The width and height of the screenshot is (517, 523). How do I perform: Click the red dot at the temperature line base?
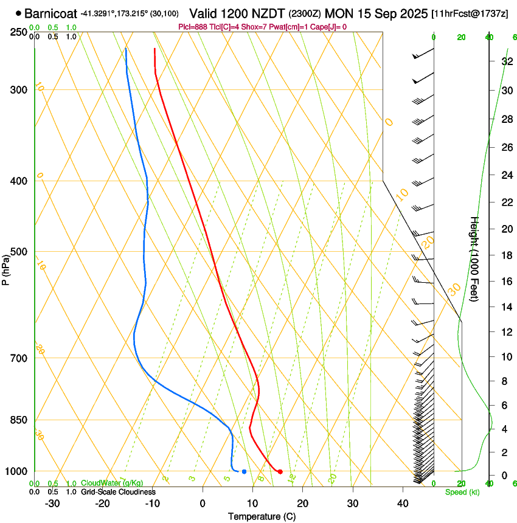click(280, 471)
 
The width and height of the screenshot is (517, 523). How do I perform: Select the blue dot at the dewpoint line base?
click(244, 471)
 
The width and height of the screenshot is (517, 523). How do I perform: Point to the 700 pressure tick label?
click(18, 358)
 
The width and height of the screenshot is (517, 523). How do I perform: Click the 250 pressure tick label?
click(18, 32)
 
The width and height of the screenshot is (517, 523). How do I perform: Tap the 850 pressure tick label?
click(18, 420)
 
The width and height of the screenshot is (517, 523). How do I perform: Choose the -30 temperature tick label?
click(52, 504)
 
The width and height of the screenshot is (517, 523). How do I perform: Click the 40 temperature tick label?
click(402, 504)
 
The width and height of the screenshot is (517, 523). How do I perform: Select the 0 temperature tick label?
click(203, 504)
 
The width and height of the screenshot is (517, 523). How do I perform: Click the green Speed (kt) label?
click(462, 492)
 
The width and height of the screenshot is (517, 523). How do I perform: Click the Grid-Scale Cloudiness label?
click(119, 491)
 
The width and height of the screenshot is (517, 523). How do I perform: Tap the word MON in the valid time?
click(339, 13)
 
